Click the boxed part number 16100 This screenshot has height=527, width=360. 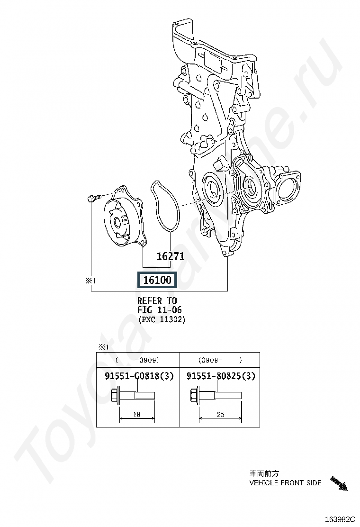pyautogui.click(x=157, y=280)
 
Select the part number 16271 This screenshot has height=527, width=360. pyautogui.click(x=171, y=256)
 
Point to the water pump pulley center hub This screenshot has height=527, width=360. pyautogui.click(x=117, y=222)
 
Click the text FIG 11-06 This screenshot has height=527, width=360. pyautogui.click(x=159, y=309)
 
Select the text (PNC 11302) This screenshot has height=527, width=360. pyautogui.click(x=162, y=319)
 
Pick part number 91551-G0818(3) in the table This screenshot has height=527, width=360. pyautogui.click(x=139, y=375)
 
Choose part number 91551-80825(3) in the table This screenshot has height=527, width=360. pyautogui.click(x=221, y=375)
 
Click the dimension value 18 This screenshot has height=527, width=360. pyautogui.click(x=136, y=414)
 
